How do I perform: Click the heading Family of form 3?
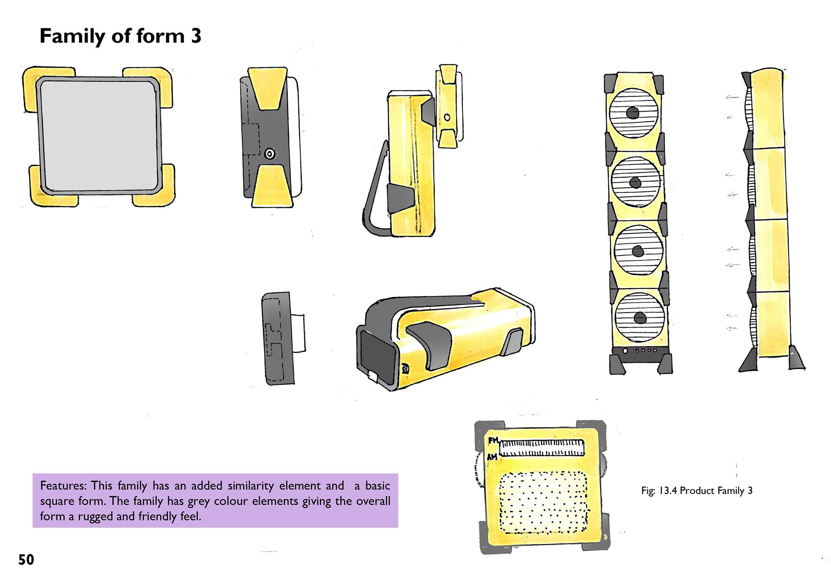[x=120, y=37]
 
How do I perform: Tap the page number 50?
[x=26, y=560]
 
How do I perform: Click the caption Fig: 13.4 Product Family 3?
[x=697, y=491]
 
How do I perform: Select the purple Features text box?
[x=215, y=501]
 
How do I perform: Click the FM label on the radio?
[x=492, y=440]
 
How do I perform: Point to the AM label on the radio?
[x=492, y=457]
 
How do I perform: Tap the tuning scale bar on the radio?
[x=541, y=447]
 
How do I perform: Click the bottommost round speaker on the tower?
[x=639, y=318]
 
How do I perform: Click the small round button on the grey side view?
[x=270, y=154]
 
